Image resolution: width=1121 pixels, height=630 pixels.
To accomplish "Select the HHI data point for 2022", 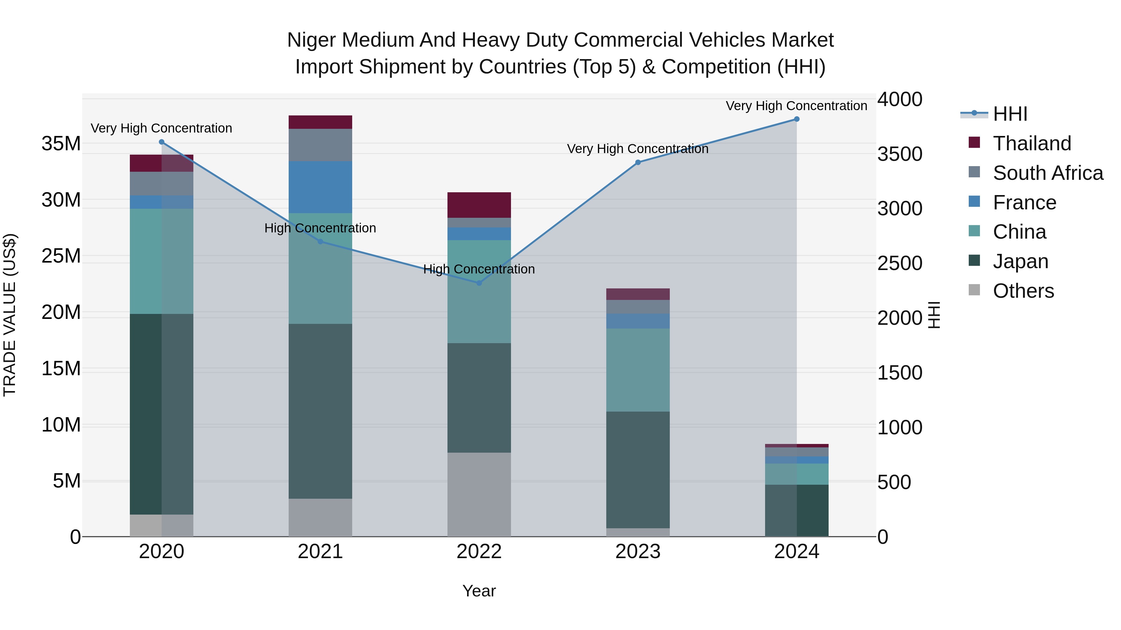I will (x=479, y=283).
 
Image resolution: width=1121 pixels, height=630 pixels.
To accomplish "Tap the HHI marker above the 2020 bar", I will (x=161, y=142).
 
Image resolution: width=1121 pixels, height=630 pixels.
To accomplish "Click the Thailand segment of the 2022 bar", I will (x=479, y=205).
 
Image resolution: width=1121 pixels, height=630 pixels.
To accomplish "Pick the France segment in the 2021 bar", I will (x=320, y=187).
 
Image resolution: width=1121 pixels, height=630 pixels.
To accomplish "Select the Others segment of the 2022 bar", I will (x=479, y=494).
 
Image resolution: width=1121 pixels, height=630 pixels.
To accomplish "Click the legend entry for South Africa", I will (x=1048, y=173).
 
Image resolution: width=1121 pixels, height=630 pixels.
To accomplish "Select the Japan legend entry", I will (x=1020, y=261).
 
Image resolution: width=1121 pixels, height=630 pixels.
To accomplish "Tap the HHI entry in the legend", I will (x=1010, y=114).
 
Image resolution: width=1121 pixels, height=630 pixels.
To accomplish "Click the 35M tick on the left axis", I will (x=61, y=143).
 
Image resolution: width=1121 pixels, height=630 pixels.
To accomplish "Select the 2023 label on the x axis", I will (x=638, y=552).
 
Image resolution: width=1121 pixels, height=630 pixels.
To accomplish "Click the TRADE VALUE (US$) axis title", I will (x=10, y=315).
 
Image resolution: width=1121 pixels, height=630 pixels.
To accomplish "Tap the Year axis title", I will (x=479, y=591).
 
